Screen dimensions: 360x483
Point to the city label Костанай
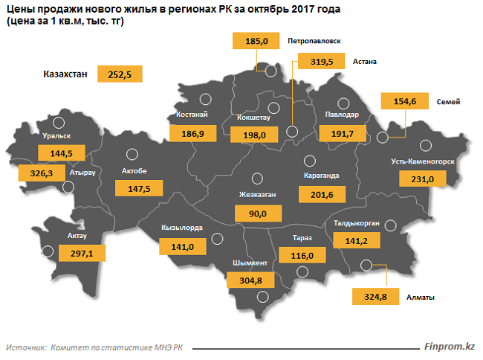click(x=192, y=115)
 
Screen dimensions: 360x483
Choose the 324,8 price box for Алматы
click(x=374, y=297)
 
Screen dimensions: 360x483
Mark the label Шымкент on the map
click(x=245, y=263)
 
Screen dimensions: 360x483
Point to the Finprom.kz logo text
click(x=449, y=347)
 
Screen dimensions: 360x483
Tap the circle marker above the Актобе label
click(x=132, y=155)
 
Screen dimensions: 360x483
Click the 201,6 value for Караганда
click(x=320, y=194)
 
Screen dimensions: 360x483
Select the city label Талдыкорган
click(x=357, y=222)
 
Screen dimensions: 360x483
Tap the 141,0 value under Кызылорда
click(x=182, y=246)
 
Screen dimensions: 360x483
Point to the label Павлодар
click(x=342, y=115)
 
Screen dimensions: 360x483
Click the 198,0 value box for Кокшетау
click(x=253, y=135)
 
